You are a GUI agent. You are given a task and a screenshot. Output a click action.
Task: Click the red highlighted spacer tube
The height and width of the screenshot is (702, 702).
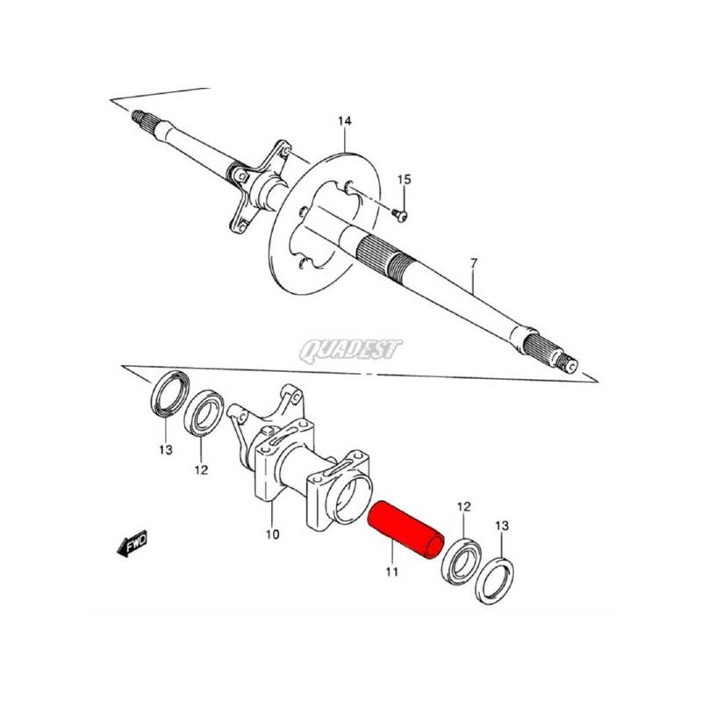click(x=405, y=530)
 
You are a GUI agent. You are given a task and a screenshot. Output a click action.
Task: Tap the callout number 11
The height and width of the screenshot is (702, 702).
click(x=391, y=572)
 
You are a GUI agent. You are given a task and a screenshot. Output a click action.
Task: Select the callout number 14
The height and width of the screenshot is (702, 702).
click(x=344, y=121)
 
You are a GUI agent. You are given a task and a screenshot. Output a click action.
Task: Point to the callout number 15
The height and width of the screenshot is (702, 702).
click(x=404, y=180)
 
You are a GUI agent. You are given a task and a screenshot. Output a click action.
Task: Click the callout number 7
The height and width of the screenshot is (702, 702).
click(x=475, y=262)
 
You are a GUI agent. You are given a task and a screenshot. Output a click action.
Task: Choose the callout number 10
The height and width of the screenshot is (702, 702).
click(x=272, y=534)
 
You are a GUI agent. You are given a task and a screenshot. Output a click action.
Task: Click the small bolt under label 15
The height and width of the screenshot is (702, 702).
click(x=399, y=215)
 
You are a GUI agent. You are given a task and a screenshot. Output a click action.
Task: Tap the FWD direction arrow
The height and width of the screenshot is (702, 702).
click(x=133, y=543)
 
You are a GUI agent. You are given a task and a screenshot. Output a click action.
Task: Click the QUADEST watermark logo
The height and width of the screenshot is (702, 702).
click(x=351, y=349)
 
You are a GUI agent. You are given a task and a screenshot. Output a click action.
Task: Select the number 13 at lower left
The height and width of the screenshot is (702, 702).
click(x=166, y=449)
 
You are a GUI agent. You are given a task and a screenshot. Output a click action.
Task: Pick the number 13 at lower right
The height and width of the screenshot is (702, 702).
click(x=502, y=525)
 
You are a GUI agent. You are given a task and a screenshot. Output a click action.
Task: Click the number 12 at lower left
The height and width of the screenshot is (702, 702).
click(x=202, y=470)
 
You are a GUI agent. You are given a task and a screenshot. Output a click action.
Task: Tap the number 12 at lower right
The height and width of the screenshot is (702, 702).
click(x=464, y=507)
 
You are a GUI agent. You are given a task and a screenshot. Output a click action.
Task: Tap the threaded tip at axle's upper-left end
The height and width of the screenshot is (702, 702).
click(x=138, y=116)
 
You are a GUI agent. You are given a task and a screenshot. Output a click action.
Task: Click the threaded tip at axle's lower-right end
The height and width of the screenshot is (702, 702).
click(x=569, y=363)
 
